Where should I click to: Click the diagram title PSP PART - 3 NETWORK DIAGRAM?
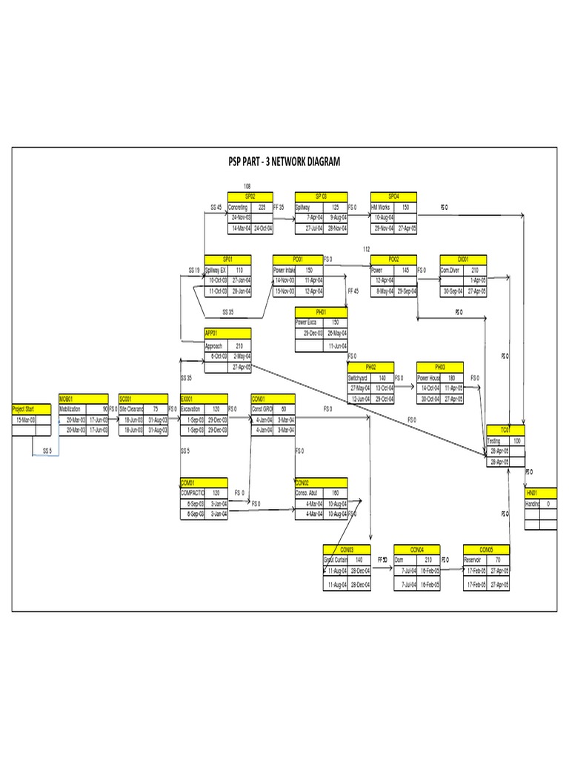[284, 162]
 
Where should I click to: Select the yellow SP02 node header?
[250, 196]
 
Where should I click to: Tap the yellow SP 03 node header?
[321, 196]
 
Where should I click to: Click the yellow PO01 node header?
[298, 259]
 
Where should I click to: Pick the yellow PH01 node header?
[321, 312]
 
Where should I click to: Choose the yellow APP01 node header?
[227, 334]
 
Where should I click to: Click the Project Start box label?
[22, 408]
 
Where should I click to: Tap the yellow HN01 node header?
[541, 493]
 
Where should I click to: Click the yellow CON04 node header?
[418, 549]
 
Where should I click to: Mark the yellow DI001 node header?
[463, 259]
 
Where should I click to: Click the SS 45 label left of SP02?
[216, 208]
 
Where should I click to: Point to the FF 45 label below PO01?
[353, 291]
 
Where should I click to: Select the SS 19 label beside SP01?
[193, 271]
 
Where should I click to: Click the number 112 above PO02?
[366, 249]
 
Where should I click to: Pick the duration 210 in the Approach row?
[239, 345]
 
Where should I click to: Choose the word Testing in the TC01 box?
[493, 440]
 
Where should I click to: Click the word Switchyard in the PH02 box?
[359, 377]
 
